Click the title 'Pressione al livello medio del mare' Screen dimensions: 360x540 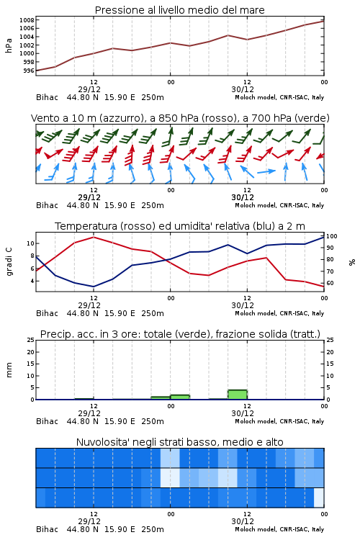coord(179,10)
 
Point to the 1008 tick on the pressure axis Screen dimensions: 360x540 coord(27,20)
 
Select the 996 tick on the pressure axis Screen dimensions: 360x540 coord(29,71)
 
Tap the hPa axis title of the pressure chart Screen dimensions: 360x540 coord(9,45)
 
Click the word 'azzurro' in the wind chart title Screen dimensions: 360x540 coord(120,118)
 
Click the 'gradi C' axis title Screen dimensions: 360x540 coord(9,262)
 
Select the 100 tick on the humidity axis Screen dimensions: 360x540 coord(332,236)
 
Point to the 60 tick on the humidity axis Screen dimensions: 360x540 coord(330,283)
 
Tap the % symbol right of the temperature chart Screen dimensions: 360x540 coord(352,262)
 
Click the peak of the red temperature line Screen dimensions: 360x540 coord(94,237)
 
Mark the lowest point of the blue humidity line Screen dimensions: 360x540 coord(94,287)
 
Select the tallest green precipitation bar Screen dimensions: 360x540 coord(238,395)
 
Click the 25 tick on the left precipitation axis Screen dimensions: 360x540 coord(31,340)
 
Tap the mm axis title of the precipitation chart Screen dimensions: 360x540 coord(9,370)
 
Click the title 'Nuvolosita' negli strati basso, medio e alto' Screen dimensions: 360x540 coord(179,442)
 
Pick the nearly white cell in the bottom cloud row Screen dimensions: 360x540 coord(319,498)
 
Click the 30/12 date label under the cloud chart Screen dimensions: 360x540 coord(243,521)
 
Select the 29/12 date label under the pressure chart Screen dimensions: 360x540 coord(89,89)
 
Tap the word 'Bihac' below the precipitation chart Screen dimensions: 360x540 coord(48,421)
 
